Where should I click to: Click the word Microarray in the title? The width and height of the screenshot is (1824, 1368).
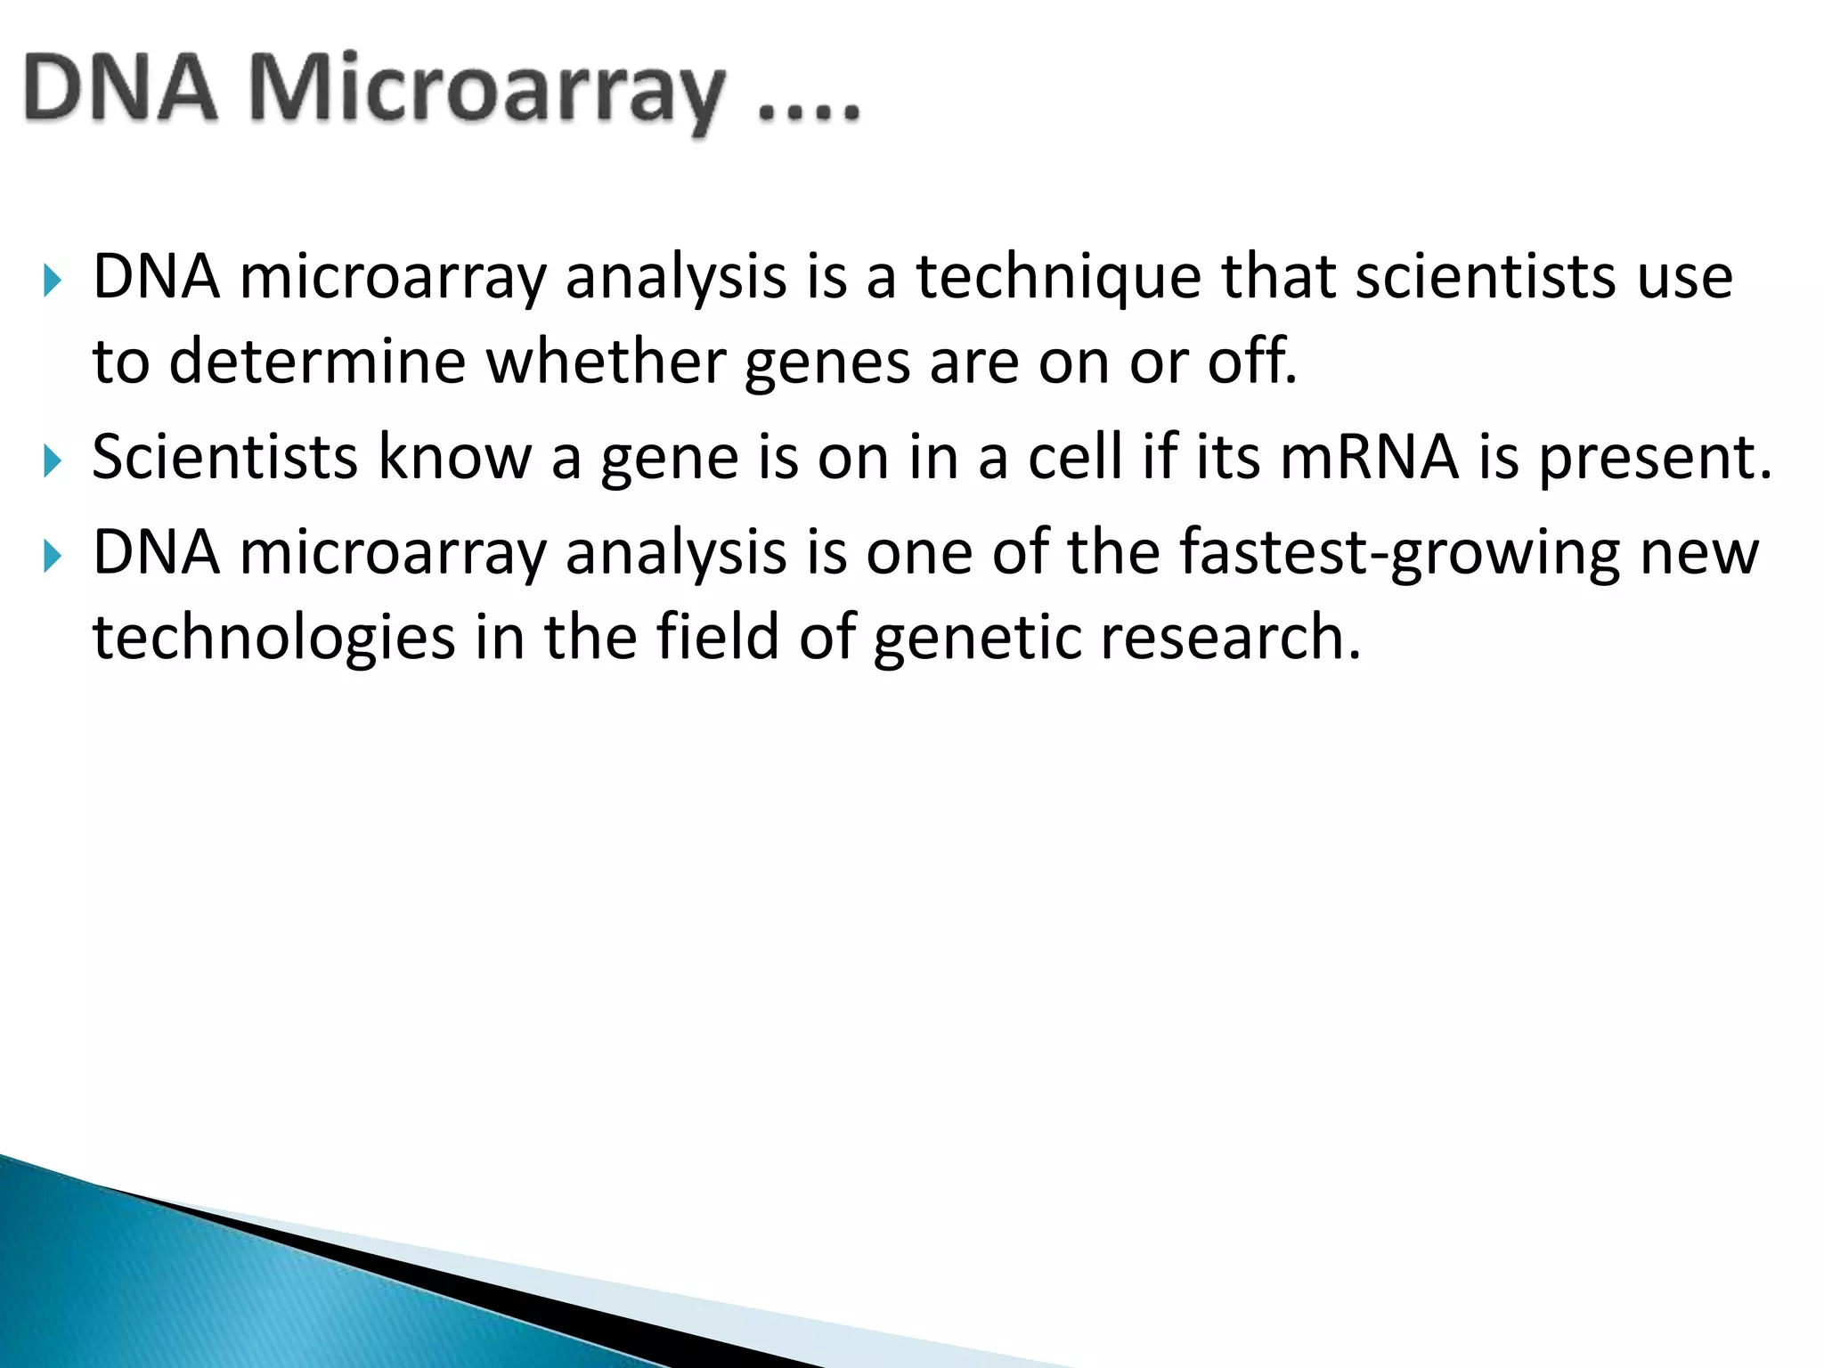tap(485, 89)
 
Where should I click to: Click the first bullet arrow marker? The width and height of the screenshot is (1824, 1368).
tap(53, 281)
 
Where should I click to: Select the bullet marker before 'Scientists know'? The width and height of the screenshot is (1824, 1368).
tap(53, 461)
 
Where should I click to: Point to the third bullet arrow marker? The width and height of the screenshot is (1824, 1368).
tap(53, 558)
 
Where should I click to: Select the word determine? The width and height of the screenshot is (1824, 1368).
tap(317, 363)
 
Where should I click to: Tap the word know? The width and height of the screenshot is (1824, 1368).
tap(454, 458)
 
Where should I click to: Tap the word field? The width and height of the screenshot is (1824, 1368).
tap(717, 638)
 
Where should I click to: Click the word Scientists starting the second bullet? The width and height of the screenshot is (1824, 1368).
tap(225, 458)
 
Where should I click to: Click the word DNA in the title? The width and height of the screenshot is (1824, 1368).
tap(120, 89)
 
